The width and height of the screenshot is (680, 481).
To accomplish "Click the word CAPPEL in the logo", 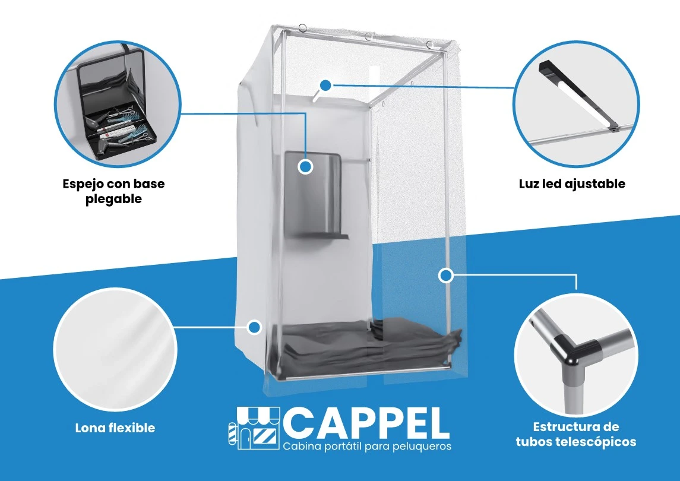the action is [366, 422].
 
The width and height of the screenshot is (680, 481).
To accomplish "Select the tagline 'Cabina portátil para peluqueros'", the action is [367, 446].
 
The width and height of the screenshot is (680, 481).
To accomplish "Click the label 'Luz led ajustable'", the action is [572, 183].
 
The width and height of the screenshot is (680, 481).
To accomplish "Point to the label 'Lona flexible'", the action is [115, 428].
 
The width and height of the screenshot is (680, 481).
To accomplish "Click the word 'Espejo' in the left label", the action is [83, 184].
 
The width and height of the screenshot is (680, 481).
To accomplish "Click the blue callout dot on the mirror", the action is [306, 166].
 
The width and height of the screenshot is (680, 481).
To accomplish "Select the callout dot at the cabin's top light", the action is [325, 85].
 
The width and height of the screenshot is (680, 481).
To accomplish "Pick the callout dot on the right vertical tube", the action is [446, 275].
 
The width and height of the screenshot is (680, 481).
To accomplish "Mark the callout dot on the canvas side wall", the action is [255, 327].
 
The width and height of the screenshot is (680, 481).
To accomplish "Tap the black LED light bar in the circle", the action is [577, 96].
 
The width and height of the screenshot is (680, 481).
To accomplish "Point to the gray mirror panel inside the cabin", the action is [312, 194].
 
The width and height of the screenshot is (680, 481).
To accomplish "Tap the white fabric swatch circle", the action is [115, 350].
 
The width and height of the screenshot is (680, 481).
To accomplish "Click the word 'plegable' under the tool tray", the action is [113, 200].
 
